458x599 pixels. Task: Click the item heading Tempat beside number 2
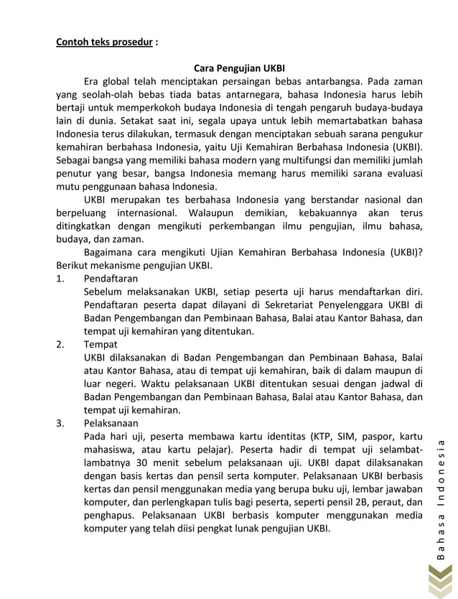pyautogui.click(x=101, y=344)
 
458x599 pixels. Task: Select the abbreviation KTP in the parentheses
pyautogui.click(x=322, y=436)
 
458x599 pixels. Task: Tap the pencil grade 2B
pyautogui.click(x=361, y=502)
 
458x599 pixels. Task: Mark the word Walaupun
pyautogui.click(x=212, y=213)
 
